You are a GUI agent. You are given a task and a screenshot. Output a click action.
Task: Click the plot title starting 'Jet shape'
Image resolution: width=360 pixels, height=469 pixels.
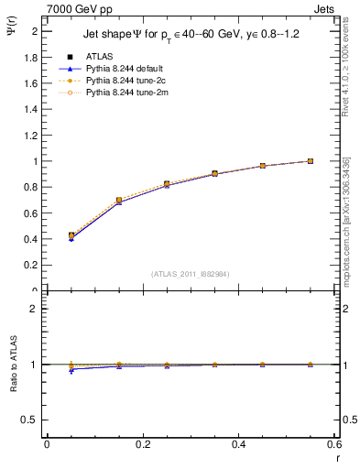[191, 34]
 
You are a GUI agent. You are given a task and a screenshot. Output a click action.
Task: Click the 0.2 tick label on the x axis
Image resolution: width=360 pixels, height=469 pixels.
[143, 444]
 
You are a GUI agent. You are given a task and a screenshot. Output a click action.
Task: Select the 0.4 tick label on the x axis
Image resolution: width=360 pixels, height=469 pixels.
[239, 444]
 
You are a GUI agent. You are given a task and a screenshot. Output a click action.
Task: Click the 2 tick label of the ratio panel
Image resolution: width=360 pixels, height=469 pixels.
[35, 309]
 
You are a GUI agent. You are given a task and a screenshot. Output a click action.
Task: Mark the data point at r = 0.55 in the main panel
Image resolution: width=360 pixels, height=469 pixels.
[311, 161]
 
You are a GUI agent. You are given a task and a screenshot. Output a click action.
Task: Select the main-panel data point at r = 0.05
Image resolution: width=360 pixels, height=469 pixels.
[71, 235]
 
